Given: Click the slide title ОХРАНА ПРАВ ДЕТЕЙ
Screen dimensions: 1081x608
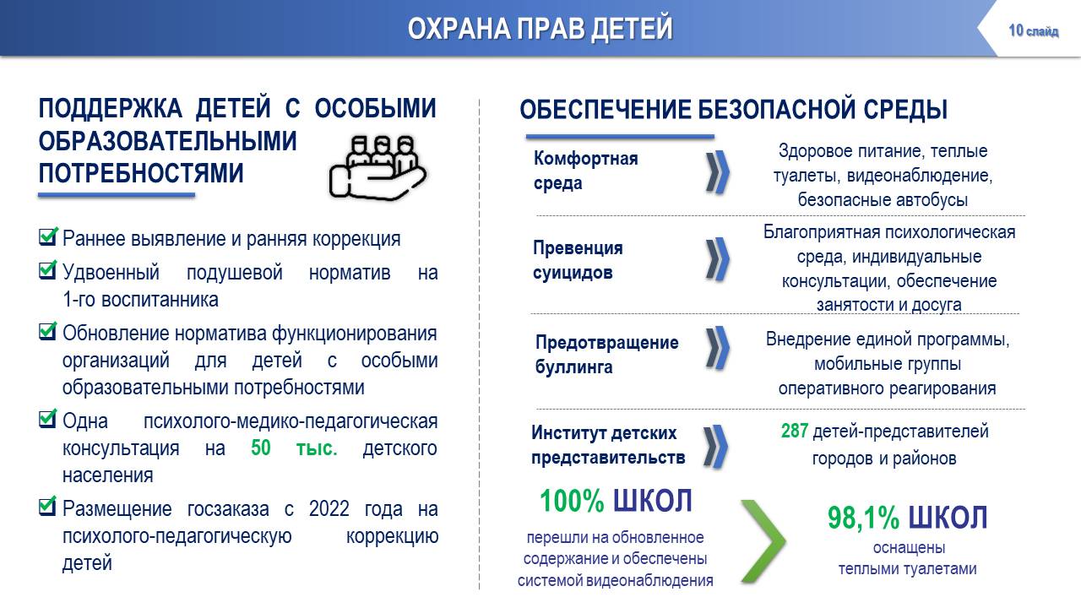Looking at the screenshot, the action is [x=540, y=28].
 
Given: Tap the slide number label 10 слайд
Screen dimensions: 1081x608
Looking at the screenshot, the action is [x=1033, y=31].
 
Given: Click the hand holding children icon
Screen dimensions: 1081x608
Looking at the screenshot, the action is [x=378, y=167].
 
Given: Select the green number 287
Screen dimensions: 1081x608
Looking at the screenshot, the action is [x=795, y=431].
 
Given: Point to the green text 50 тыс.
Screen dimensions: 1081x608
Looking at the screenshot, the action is [x=294, y=448].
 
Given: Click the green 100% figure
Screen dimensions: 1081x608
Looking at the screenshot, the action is [x=572, y=501].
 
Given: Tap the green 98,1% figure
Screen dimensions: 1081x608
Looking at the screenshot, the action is [x=863, y=518].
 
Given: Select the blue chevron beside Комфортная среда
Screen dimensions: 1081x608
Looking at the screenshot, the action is [x=718, y=172].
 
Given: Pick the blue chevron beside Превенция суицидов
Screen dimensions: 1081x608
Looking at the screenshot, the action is [x=718, y=259].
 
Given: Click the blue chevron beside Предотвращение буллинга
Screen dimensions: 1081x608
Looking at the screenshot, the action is [x=718, y=348].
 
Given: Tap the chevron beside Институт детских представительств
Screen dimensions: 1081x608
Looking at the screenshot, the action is [x=715, y=447].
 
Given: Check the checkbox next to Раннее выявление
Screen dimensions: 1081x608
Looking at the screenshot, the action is [x=48, y=236].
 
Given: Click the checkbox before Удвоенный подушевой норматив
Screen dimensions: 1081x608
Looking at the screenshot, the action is [x=48, y=270].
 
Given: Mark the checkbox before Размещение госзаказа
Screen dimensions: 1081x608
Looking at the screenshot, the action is [x=48, y=506].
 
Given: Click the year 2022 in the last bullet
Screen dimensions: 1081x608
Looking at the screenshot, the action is [x=329, y=508].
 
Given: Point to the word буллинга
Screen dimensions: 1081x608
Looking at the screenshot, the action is [x=573, y=367].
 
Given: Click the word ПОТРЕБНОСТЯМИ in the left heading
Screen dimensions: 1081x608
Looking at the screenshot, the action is [x=141, y=173].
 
